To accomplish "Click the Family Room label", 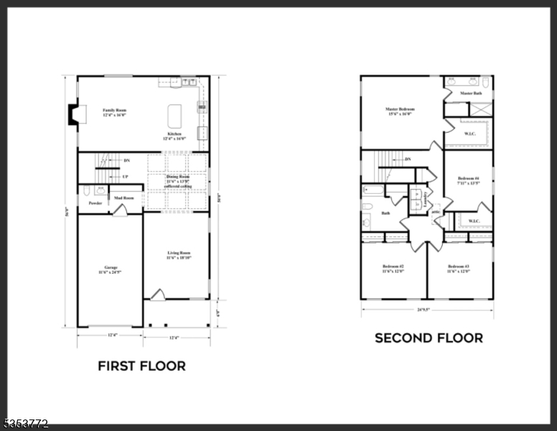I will coord(115,113).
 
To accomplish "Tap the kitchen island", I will coord(175,116).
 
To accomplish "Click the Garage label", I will coord(110,269).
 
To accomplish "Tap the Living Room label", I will coord(179,255).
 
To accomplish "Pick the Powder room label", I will coord(95,203).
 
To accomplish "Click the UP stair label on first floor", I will coord(125,176).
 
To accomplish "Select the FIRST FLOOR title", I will coord(141,366).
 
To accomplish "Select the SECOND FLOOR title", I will coord(429,338).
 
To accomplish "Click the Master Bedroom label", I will coord(400,111).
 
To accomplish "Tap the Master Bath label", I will coord(471,93).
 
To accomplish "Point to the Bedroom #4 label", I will coord(468,180).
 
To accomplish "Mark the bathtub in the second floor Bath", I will coord(373,190).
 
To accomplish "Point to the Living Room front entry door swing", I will coord(157,295).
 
